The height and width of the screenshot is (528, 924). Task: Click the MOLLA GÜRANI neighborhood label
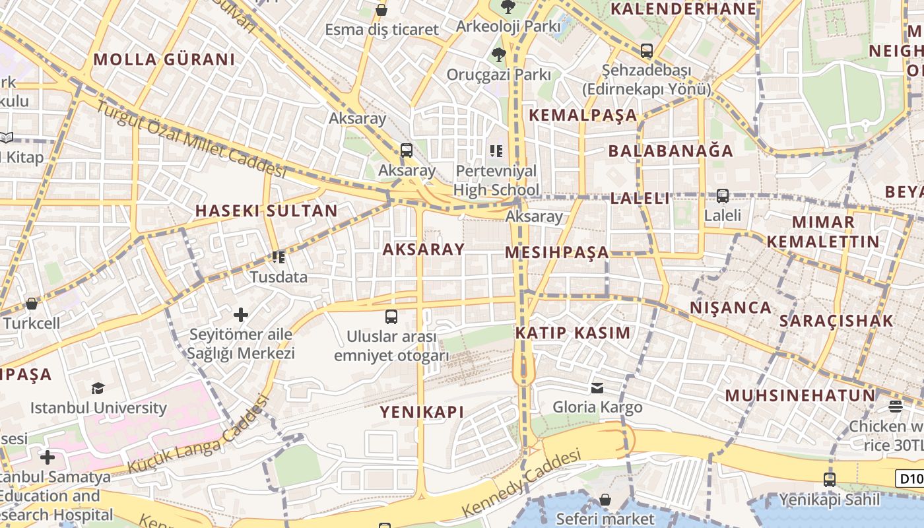(164, 59)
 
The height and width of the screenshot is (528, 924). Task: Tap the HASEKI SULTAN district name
(266, 211)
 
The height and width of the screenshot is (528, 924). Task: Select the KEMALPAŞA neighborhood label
(583, 115)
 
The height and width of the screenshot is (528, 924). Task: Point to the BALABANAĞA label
(671, 150)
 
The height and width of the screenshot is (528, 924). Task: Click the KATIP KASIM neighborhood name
(573, 333)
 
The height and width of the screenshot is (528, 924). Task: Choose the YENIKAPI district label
(422, 412)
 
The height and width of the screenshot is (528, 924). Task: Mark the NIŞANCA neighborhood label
(731, 308)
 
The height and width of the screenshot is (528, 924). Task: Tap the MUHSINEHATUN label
(800, 396)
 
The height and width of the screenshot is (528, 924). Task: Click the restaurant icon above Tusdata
(279, 257)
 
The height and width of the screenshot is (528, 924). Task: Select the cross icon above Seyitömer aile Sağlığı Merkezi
(241, 315)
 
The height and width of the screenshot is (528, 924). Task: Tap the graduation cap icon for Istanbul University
(98, 388)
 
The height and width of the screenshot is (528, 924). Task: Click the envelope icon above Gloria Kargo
(597, 387)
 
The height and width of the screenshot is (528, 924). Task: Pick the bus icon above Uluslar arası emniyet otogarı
(391, 317)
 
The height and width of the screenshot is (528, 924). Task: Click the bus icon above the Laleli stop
(723, 196)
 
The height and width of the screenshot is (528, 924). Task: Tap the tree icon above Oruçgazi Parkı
(498, 55)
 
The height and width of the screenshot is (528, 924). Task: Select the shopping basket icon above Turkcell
(31, 304)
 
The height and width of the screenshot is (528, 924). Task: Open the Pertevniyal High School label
(496, 181)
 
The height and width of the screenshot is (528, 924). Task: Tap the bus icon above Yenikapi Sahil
(830, 480)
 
